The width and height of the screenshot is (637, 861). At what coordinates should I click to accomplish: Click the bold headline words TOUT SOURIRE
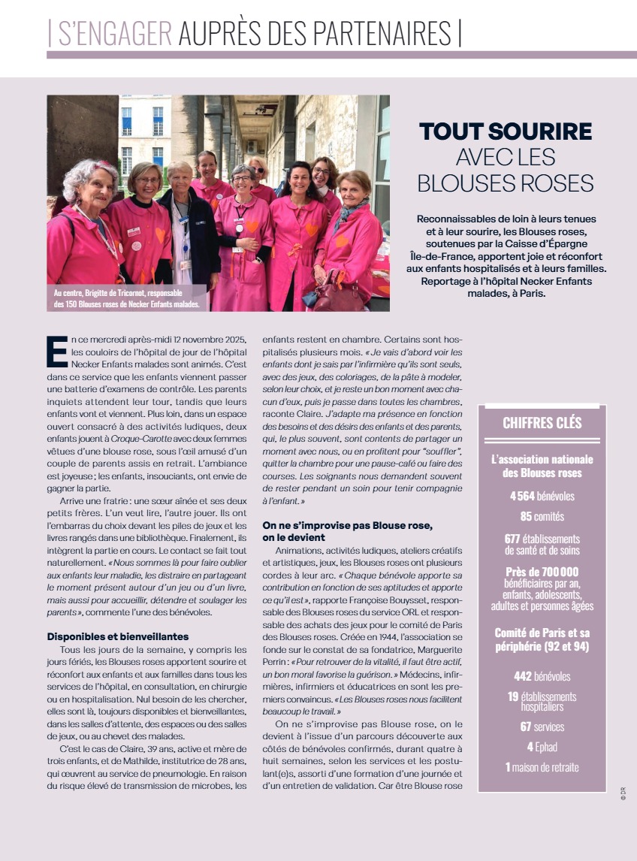click(506, 131)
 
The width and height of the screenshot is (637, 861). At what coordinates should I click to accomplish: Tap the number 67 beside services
click(527, 727)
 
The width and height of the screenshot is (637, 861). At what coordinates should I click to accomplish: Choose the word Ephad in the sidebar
click(545, 747)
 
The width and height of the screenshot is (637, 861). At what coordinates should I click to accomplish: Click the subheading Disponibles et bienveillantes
click(117, 636)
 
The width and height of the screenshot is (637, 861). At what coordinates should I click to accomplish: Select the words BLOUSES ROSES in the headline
click(506, 183)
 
